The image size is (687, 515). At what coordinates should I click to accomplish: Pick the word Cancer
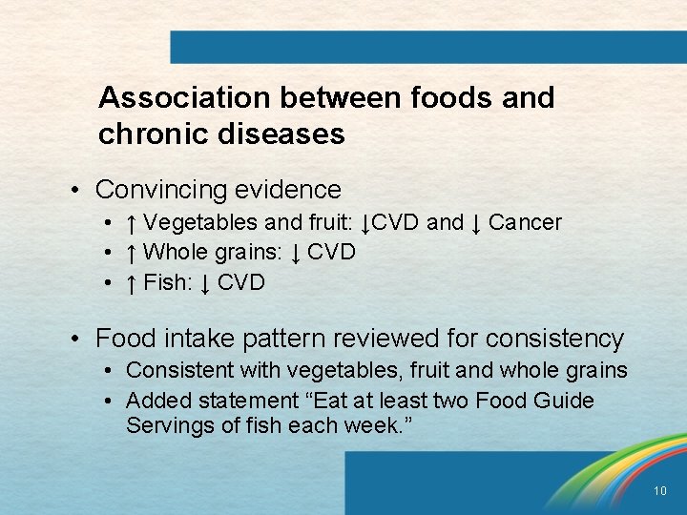525,223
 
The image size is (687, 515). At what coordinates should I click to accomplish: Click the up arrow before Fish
132,283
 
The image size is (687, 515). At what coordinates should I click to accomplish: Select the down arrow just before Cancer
475,223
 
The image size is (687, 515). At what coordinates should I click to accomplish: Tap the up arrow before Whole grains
132,253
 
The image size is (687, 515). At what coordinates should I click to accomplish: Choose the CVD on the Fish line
241,283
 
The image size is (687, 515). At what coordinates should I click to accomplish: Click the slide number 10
660,491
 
